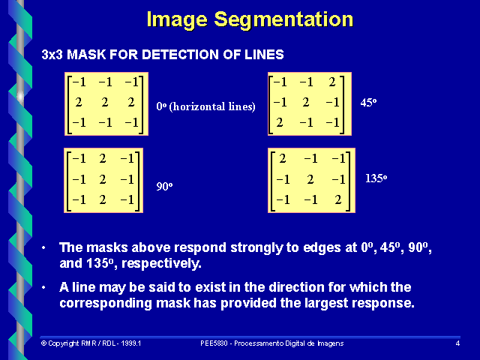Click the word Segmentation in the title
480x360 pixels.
[285, 19]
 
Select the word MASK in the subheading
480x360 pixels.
[87, 55]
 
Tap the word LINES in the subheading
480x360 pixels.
[265, 55]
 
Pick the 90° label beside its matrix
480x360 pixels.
[165, 184]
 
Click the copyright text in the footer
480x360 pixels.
[91, 343]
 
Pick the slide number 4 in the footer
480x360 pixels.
[457, 343]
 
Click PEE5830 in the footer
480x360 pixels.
[214, 343]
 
